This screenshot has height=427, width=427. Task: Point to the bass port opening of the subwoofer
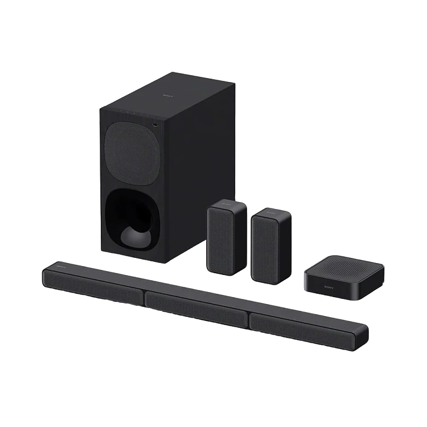point(131,219)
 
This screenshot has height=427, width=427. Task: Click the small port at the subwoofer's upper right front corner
point(154,122)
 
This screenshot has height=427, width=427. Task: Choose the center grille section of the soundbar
point(196,308)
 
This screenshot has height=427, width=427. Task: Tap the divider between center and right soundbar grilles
point(249,320)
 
